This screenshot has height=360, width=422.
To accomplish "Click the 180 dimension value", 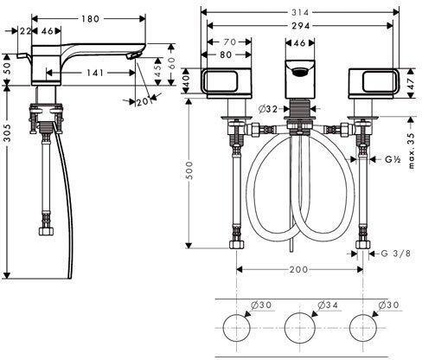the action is (x=90, y=19).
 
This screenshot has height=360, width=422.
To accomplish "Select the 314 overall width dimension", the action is (x=300, y=12).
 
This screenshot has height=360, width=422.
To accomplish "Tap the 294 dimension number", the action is (x=301, y=26).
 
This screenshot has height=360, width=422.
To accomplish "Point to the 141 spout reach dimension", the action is (x=95, y=73).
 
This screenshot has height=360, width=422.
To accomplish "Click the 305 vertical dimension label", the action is (x=7, y=133).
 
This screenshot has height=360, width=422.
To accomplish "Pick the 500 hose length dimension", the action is (x=189, y=170).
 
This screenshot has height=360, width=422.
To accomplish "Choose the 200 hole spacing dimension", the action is (x=298, y=270).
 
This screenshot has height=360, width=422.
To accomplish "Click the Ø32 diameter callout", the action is (x=268, y=109).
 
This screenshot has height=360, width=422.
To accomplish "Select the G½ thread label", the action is (x=393, y=159).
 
